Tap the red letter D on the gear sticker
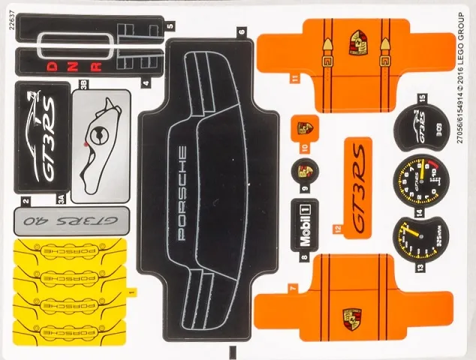pos(53,65)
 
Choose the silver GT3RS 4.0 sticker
pos(68,220)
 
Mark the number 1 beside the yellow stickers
pos(132,288)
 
